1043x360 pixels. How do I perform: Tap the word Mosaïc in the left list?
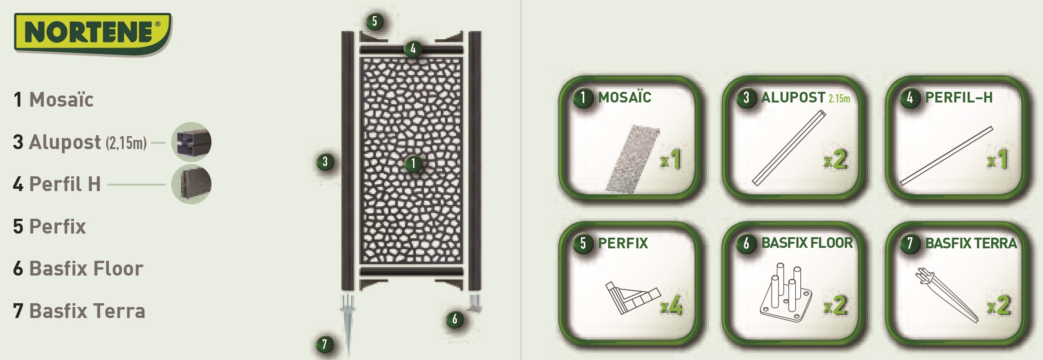coord(61,100)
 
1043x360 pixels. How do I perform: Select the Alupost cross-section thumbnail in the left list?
coord(191,142)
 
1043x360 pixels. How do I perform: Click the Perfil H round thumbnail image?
coord(191,184)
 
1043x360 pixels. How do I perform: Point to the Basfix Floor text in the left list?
coord(86,269)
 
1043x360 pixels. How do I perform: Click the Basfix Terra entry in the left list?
coord(87,311)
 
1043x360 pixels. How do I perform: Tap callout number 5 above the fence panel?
coord(374,21)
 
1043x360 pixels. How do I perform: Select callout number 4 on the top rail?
coord(413,48)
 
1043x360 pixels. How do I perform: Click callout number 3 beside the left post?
coord(325,162)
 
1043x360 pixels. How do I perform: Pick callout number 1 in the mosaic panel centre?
coord(413,163)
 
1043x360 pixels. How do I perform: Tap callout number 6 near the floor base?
coord(455,319)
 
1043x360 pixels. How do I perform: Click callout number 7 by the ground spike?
coord(324,344)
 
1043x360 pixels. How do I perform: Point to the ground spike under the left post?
coord(348,318)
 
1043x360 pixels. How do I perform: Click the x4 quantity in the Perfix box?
coord(671,306)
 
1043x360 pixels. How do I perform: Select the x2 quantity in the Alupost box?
coord(835,160)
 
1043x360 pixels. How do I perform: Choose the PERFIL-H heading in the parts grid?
coord(959,97)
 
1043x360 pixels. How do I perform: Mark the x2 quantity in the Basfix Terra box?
coord(999,306)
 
